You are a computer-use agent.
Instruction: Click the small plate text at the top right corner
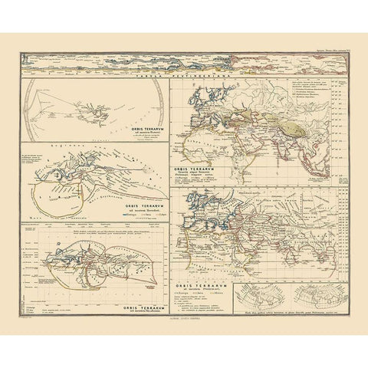click(330, 49)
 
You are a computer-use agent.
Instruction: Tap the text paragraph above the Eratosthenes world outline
click(92, 228)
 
